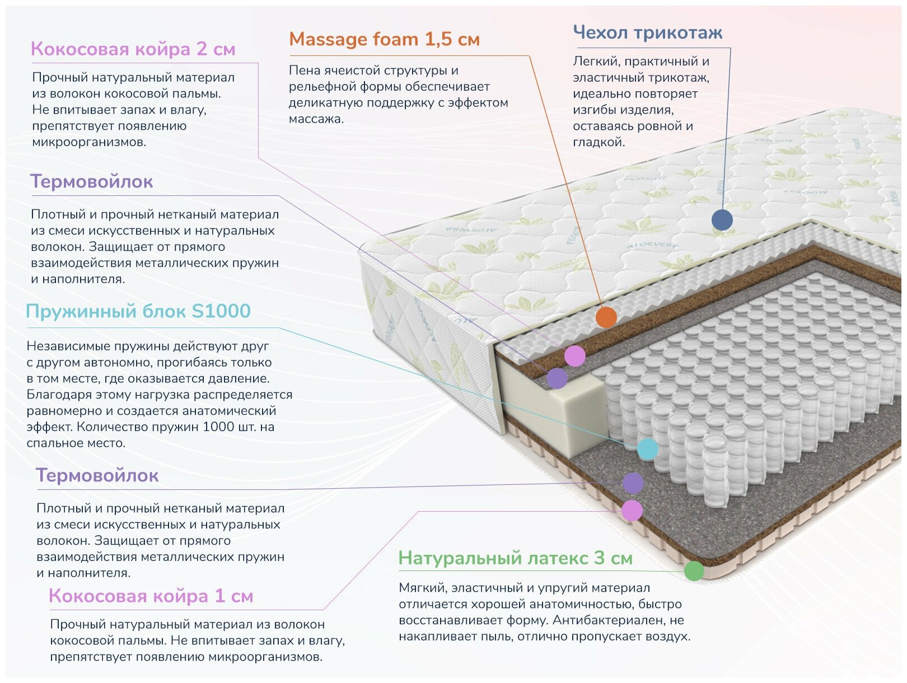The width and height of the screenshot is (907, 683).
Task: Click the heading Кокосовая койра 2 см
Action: pyautogui.click(x=133, y=49)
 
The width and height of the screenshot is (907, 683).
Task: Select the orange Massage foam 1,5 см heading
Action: pyautogui.click(x=384, y=39)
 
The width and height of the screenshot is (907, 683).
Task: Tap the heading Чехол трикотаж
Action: pyautogui.click(x=647, y=32)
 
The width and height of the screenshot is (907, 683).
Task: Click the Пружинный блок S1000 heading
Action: pyautogui.click(x=138, y=311)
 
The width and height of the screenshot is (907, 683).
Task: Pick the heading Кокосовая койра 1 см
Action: pyautogui.click(x=151, y=596)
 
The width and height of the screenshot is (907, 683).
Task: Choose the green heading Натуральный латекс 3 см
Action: pyautogui.click(x=515, y=558)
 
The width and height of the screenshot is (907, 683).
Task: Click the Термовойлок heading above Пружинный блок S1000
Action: pyautogui.click(x=91, y=181)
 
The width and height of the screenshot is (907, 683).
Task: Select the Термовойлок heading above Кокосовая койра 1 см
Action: pyautogui.click(x=97, y=475)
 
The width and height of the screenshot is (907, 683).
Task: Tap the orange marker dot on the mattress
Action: pyautogui.click(x=606, y=317)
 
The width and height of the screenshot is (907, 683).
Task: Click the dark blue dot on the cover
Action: pyautogui.click(x=722, y=219)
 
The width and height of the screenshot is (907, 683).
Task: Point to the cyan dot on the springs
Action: pyautogui.click(x=648, y=449)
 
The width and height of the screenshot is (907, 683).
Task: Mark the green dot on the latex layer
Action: pyautogui.click(x=694, y=570)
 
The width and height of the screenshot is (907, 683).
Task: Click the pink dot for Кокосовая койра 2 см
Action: pyautogui.click(x=574, y=355)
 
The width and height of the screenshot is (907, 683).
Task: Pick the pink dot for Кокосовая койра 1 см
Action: pyautogui.click(x=632, y=511)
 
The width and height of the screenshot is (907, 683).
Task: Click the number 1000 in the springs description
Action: pyautogui.click(x=218, y=427)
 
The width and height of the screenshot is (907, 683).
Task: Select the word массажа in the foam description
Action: pyautogui.click(x=316, y=119)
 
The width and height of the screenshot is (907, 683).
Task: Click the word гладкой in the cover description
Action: pyautogui.click(x=598, y=142)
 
